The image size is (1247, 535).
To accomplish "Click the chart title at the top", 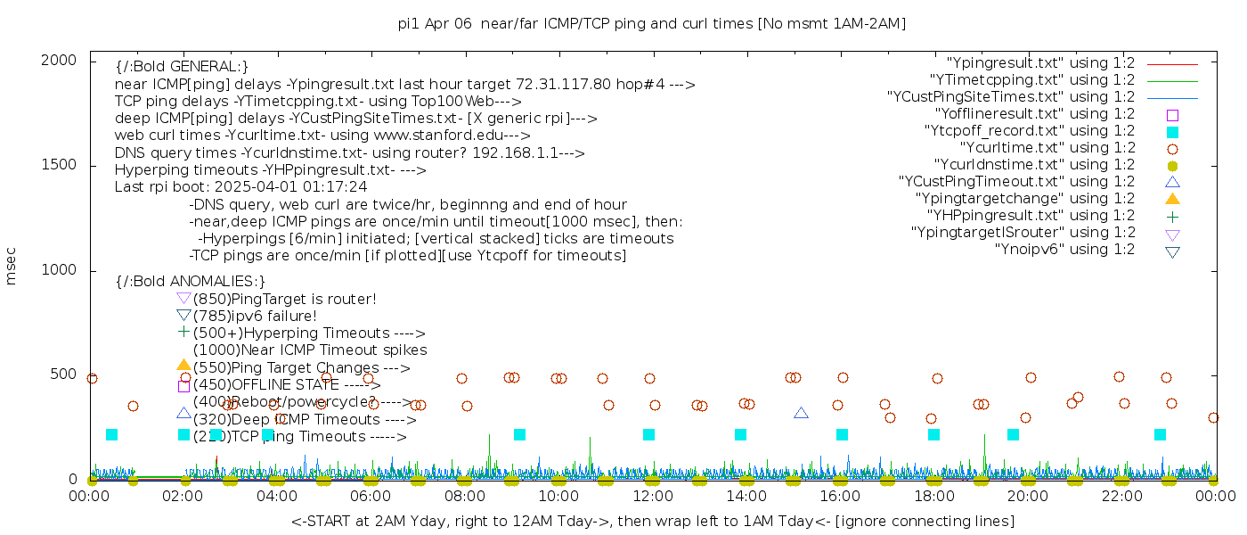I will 652,23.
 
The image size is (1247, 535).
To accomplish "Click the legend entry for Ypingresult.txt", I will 1040,63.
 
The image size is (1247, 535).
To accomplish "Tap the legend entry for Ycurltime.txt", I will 1047,148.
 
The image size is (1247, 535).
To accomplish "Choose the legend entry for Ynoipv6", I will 1064,250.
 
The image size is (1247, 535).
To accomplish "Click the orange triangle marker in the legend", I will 1172,198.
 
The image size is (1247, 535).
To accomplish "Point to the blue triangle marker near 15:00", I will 801,413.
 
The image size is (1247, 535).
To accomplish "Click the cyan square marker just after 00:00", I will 111,435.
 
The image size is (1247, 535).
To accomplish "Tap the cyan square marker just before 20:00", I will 1013,435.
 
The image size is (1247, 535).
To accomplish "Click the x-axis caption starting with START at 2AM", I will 652,521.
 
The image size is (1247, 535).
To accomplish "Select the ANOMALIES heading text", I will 191,282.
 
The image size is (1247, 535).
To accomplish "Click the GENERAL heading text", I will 182,67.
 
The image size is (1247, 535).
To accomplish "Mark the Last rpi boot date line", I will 240,187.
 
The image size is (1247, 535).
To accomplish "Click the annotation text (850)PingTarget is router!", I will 284,299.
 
